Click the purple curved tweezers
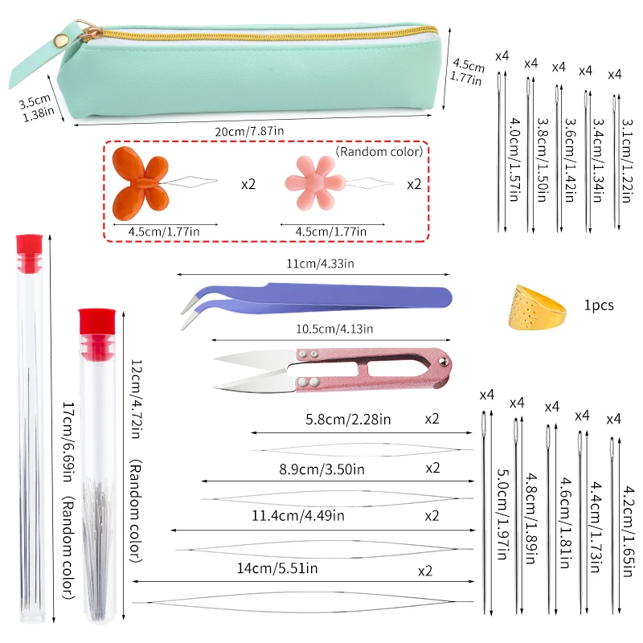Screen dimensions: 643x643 pyautogui.click(x=313, y=298)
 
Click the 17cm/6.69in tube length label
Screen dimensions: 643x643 pyautogui.click(x=68, y=446)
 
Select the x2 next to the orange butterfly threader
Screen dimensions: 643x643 pyautogui.click(x=248, y=184)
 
